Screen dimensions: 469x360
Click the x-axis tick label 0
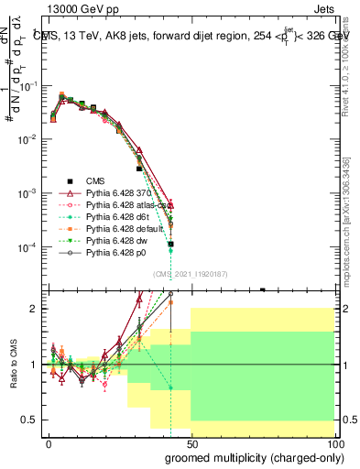click(49, 443)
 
